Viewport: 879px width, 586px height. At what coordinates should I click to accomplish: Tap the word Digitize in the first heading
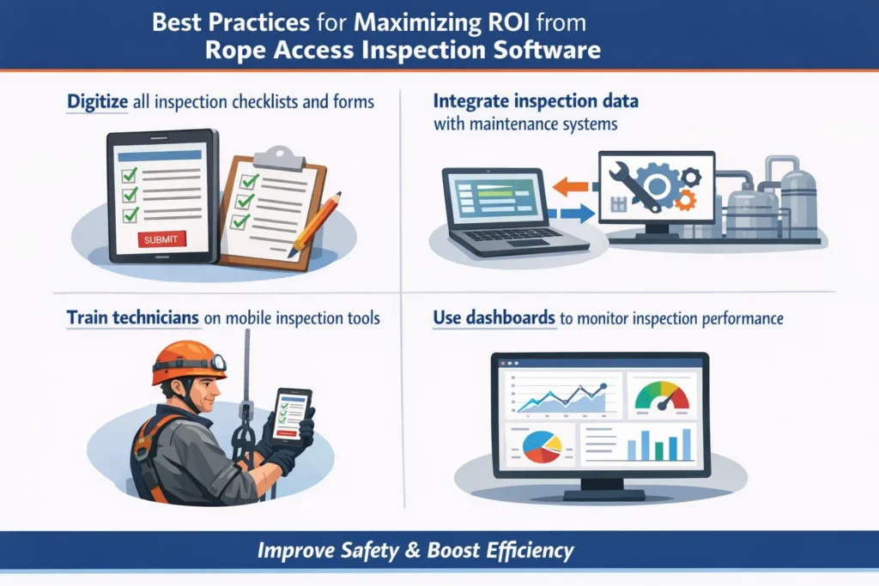(x=97, y=101)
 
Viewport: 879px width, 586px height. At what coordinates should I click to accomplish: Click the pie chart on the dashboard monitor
(x=539, y=444)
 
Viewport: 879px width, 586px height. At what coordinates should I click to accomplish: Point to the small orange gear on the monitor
(x=685, y=201)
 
